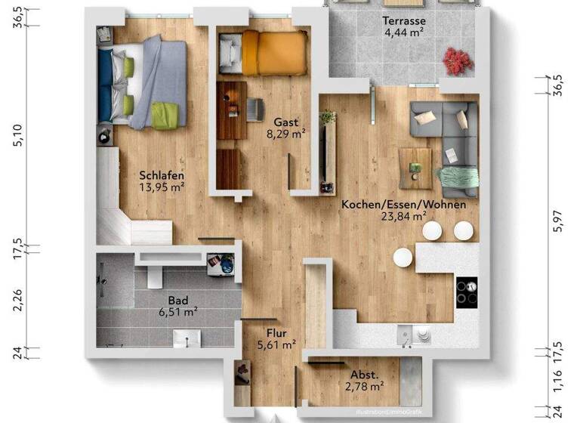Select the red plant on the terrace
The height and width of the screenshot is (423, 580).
456,60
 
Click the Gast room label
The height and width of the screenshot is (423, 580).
285,122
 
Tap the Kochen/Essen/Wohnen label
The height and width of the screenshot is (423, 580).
403,205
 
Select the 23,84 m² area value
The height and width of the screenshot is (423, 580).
403,218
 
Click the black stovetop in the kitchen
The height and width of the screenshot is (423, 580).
467,290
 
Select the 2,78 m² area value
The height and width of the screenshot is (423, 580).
364,387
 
